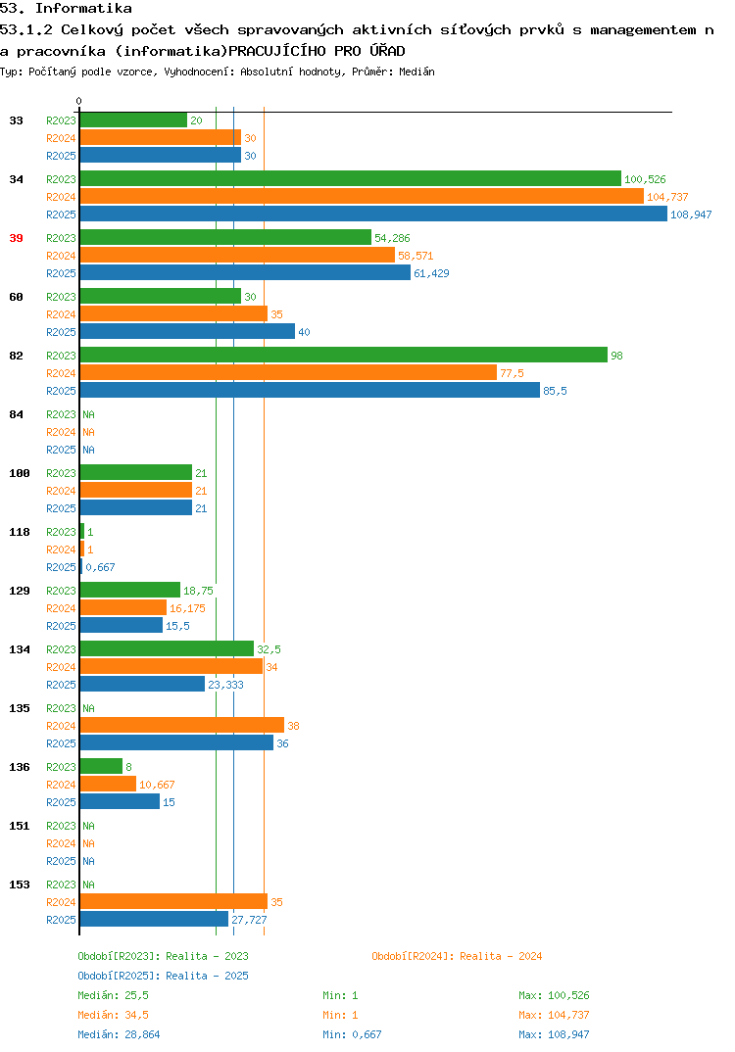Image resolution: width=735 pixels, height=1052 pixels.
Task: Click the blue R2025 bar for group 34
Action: [374, 214]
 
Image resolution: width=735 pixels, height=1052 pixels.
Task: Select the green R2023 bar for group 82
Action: [344, 355]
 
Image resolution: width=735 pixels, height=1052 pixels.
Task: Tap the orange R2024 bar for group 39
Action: [237, 256]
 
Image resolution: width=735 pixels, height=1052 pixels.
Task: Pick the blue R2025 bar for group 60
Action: [187, 331]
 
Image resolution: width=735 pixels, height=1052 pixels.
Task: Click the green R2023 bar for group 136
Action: [101, 766]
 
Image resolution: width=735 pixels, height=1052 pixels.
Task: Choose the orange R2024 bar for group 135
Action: [182, 725]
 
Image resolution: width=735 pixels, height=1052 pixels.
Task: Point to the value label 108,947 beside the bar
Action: [691, 215]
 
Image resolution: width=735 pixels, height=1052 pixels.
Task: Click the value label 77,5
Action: [512, 373]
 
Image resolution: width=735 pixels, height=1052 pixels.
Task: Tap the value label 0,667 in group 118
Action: [100, 567]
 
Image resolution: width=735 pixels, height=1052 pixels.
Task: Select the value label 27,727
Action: [249, 920]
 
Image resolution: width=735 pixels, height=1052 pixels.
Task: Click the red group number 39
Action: [16, 238]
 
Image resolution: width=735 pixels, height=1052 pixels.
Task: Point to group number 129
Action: [20, 591]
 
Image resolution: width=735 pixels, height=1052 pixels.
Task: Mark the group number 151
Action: [20, 826]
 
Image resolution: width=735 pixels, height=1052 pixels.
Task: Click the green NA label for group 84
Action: [88, 414]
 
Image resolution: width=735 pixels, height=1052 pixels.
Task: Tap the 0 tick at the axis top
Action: [79, 101]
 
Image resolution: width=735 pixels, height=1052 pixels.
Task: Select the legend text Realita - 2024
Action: [501, 956]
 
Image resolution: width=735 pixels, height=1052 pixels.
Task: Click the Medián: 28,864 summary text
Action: [119, 1034]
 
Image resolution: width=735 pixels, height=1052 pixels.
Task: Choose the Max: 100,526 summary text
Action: [554, 995]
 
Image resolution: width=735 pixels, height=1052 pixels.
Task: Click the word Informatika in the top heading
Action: [83, 9]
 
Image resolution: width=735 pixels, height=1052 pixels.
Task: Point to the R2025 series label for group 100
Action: [61, 508]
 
